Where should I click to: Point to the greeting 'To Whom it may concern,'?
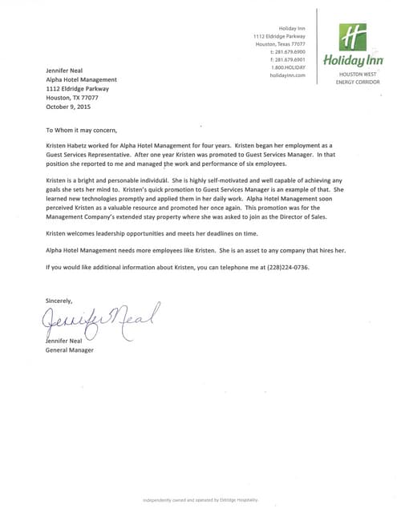click(81, 128)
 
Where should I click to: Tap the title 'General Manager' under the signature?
click(70, 349)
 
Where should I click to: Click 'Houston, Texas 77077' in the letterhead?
click(281, 44)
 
